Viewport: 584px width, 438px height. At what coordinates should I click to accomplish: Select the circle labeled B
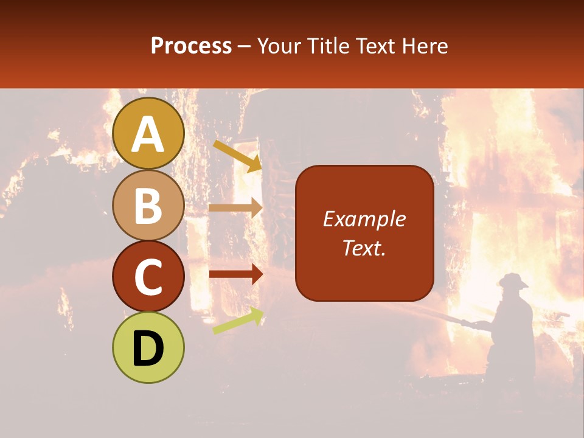pos(148,205)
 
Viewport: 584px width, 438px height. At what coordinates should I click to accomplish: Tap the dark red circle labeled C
pos(148,276)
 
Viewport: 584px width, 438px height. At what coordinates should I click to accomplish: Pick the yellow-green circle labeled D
pos(148,347)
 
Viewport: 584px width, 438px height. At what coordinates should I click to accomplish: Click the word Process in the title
pos(191,46)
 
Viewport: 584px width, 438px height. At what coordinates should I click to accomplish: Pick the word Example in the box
pos(364,219)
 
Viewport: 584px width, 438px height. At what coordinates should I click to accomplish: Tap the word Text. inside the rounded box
pos(364,248)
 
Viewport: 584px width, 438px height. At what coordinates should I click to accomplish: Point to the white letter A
pos(148,135)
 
